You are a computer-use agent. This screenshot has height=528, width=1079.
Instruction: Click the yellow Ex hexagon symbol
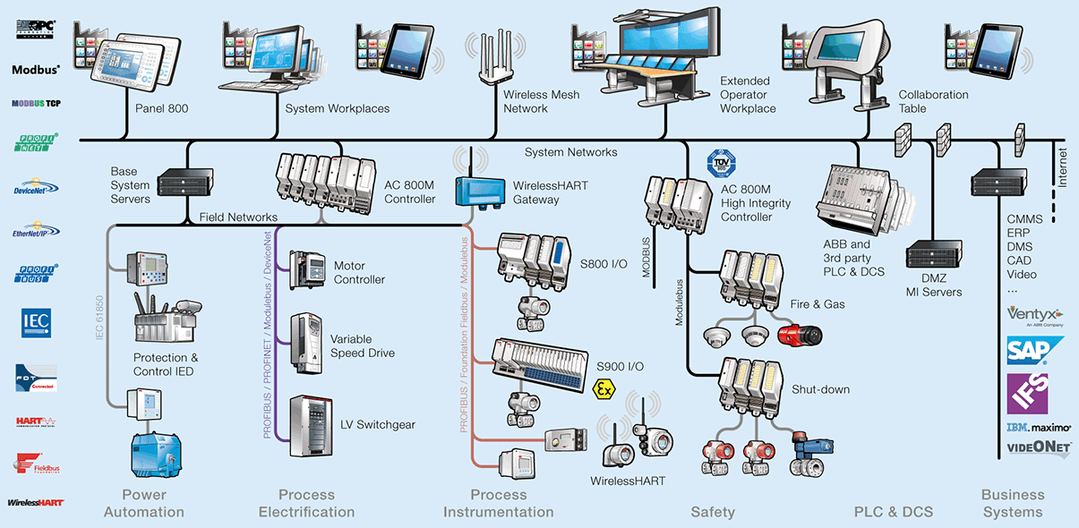(x=604, y=388)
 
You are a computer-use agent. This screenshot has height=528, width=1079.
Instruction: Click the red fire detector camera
(x=799, y=335)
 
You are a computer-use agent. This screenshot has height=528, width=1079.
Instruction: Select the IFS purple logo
(x=1027, y=393)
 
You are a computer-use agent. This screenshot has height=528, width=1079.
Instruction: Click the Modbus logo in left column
(x=36, y=69)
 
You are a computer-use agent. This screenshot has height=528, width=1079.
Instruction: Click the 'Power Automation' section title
(x=144, y=503)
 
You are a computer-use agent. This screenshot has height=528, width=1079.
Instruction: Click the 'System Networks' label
(x=570, y=152)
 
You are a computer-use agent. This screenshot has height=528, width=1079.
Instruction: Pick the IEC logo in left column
(x=36, y=320)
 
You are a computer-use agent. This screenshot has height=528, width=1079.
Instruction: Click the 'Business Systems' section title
(x=1013, y=503)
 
